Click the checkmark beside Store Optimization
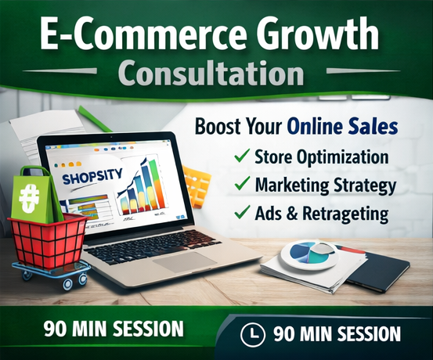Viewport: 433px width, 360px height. [x=241, y=157]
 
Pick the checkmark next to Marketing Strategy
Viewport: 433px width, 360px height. [x=241, y=185]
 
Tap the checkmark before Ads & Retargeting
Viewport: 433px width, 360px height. [x=241, y=213]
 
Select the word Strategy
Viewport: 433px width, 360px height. [x=362, y=185]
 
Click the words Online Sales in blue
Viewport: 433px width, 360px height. [x=342, y=125]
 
